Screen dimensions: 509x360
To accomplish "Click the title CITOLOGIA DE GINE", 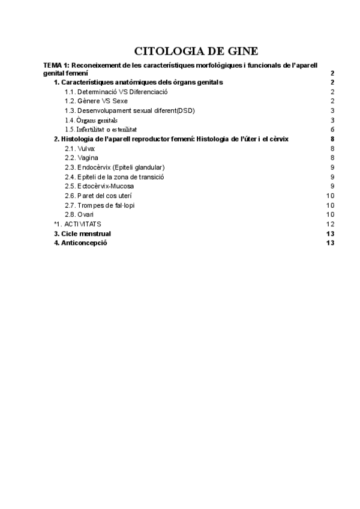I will tap(196, 51).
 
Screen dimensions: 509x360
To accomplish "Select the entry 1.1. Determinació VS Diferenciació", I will tap(116, 92).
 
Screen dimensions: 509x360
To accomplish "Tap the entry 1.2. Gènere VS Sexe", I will tap(96, 101).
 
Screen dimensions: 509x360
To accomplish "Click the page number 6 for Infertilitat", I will tap(332, 129).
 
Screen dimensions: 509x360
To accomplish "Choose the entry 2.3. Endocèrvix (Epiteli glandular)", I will tap(115, 167).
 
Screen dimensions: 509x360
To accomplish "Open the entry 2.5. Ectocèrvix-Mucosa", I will tap(100, 186).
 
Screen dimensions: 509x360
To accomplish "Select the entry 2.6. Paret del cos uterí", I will tap(98, 196).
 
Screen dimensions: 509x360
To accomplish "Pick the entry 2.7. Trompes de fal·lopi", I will tap(100, 205).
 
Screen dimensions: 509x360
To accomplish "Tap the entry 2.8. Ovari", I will tap(79, 214).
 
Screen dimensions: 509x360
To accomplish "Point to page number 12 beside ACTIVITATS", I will tap(330, 224).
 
